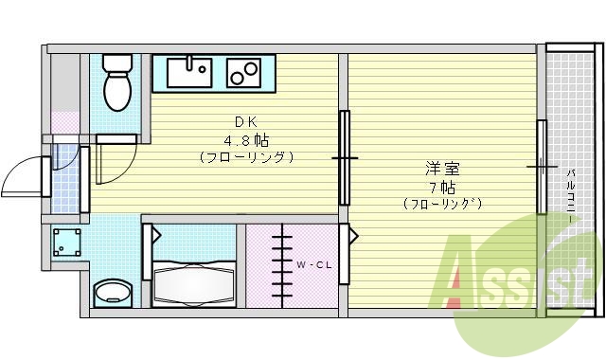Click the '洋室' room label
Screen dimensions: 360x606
pos(441,170)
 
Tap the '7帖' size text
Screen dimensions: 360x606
pos(441,187)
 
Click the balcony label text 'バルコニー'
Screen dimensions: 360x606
pos(571,194)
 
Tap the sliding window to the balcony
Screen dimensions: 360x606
pos(542,167)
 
